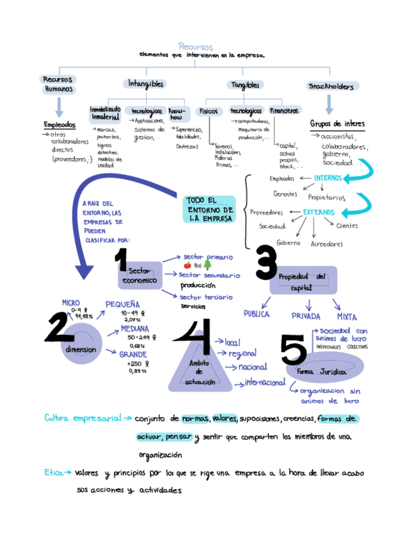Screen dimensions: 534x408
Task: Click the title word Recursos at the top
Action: tap(195, 47)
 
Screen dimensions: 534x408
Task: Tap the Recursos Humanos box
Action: tap(59, 84)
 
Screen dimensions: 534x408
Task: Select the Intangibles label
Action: tap(146, 84)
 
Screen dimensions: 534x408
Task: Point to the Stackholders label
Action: tap(332, 86)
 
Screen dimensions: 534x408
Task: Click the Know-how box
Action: tap(176, 113)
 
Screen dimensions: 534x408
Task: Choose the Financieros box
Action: tap(284, 111)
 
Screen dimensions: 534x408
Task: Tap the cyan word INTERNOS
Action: tap(328, 178)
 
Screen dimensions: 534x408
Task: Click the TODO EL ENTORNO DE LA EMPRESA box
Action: tap(210, 209)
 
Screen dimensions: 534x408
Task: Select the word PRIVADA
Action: tap(305, 315)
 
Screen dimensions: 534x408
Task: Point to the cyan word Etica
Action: tap(52, 472)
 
